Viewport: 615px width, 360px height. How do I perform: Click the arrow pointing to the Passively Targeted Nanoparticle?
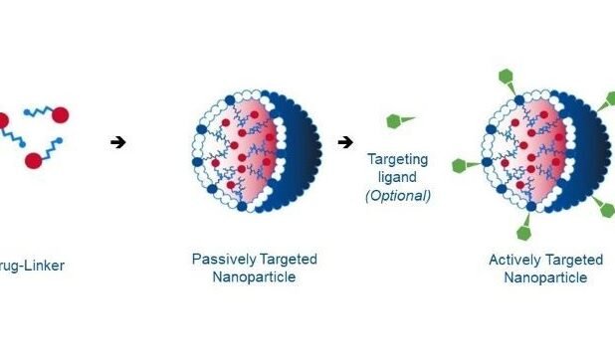(118, 142)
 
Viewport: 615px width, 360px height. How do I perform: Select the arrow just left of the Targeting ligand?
(344, 142)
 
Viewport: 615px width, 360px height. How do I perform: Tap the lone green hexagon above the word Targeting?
(396, 121)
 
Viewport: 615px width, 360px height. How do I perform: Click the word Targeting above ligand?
(397, 159)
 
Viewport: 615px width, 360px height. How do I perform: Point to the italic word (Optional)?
(397, 196)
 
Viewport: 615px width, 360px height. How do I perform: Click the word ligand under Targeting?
(397, 177)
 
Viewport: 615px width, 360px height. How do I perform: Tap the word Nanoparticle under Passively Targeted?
(254, 277)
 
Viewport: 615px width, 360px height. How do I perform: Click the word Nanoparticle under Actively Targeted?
(544, 278)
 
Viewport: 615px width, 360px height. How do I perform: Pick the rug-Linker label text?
(33, 267)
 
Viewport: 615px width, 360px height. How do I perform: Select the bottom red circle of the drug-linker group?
(33, 159)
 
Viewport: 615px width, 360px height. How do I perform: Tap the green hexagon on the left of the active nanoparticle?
(459, 166)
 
